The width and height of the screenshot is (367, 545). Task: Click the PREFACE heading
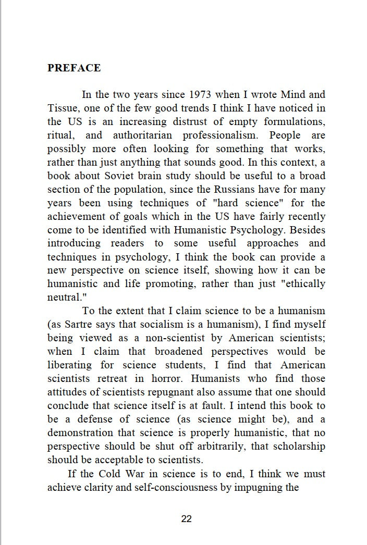[74, 68]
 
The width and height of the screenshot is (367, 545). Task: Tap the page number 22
[187, 518]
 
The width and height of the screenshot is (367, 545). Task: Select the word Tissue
[62, 108]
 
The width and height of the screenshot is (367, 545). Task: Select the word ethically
[304, 284]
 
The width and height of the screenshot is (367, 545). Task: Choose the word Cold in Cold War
[107, 474]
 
